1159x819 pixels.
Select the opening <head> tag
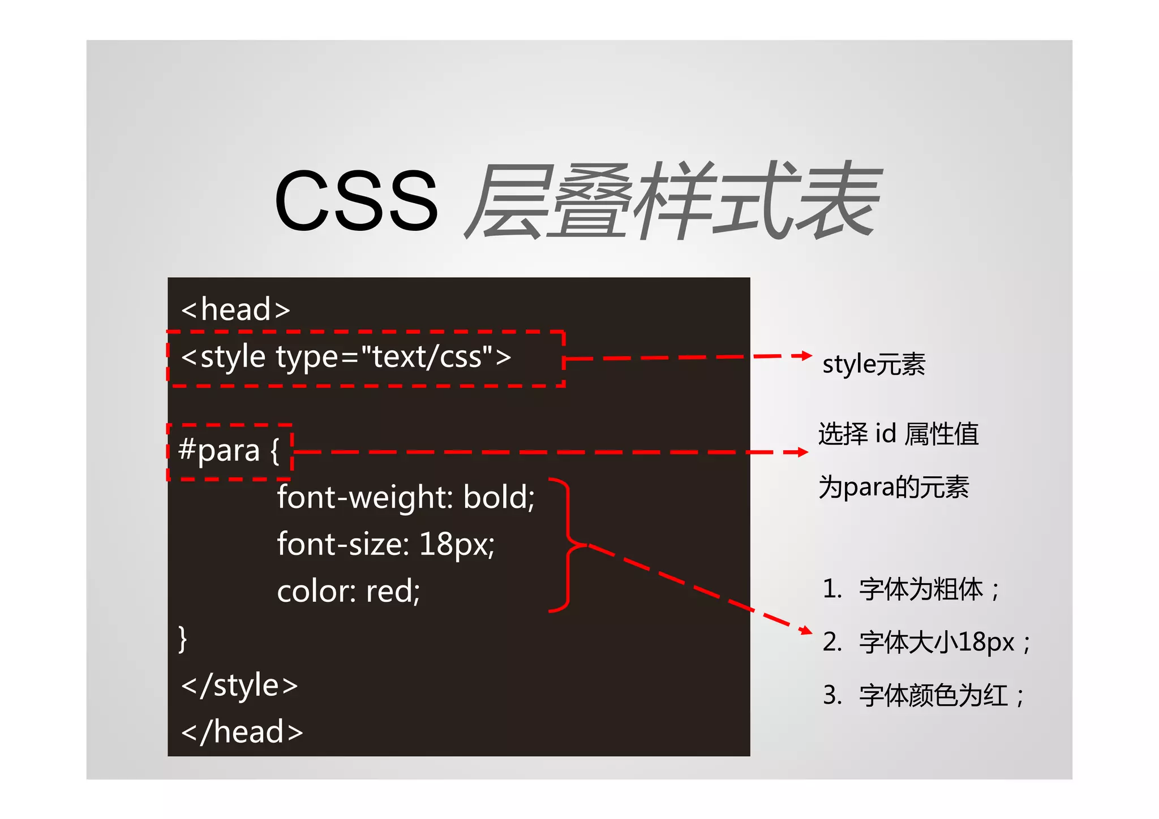(235, 310)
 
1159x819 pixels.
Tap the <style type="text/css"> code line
(346, 357)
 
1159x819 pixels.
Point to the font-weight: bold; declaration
(405, 498)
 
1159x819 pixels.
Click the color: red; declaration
(348, 592)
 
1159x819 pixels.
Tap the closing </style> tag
(239, 686)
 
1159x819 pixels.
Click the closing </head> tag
(242, 732)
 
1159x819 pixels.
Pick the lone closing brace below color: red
(182, 639)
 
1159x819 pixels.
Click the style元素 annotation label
(873, 364)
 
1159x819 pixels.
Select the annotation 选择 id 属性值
(898, 434)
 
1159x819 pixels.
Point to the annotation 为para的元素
(894, 487)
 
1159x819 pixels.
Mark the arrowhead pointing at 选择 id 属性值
(802, 452)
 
